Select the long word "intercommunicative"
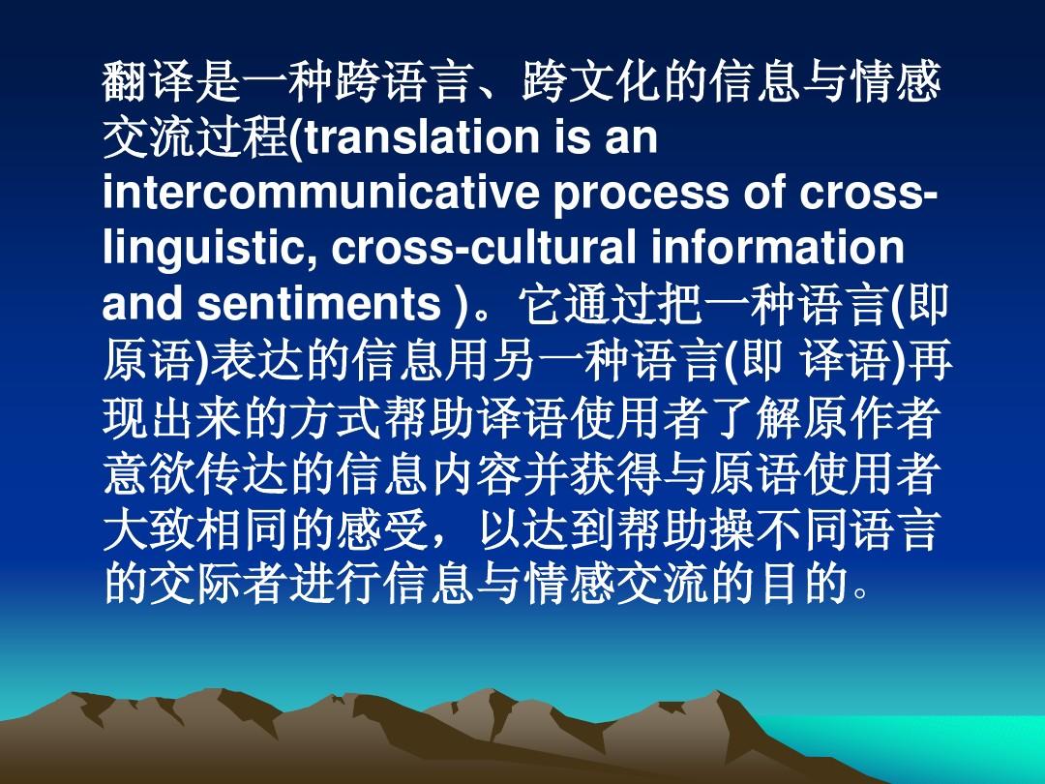(x=320, y=194)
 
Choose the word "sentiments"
(x=319, y=304)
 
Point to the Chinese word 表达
(x=255, y=360)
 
